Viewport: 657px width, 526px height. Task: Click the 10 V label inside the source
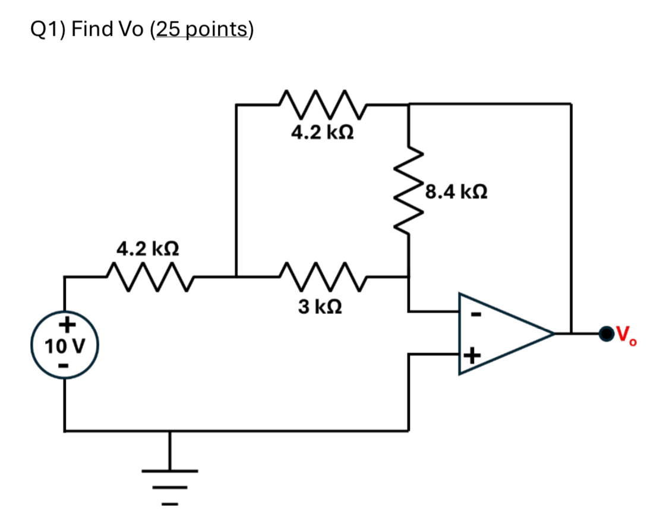pos(65,345)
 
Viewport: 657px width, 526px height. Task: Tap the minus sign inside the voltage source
pos(65,363)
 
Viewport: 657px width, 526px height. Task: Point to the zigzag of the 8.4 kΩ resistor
pos(408,190)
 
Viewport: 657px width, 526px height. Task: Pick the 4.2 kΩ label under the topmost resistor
pos(323,133)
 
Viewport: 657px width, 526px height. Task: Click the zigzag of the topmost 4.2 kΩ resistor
pos(322,104)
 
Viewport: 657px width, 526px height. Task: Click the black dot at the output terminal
pos(605,334)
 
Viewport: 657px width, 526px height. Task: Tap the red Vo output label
pos(626,336)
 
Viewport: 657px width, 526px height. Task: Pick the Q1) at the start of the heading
pos(48,30)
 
